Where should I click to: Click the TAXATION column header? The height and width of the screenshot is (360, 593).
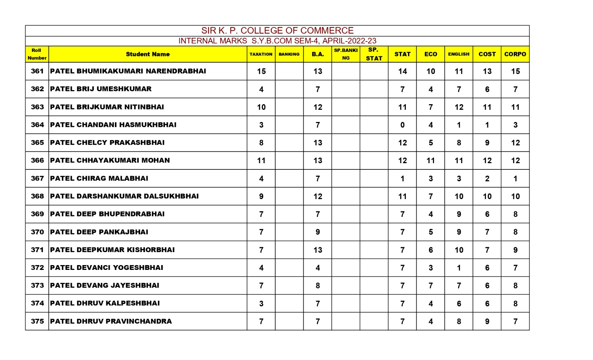point(261,54)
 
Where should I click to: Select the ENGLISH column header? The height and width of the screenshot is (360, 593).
point(458,54)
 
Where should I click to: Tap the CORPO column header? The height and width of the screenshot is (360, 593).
point(515,54)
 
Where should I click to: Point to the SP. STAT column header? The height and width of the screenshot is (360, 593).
point(374,54)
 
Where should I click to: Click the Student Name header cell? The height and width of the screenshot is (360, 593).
point(148,54)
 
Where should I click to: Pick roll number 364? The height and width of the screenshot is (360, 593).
point(37,125)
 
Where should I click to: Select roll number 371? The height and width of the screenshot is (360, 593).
point(37,250)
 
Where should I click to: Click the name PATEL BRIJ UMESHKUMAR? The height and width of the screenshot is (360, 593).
point(101,89)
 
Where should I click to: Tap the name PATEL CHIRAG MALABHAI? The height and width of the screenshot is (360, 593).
point(99,178)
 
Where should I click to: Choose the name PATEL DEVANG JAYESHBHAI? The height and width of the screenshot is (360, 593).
point(105,285)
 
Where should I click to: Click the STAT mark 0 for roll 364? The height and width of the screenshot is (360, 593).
point(402,125)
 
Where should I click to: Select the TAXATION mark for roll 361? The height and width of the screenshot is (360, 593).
point(261,71)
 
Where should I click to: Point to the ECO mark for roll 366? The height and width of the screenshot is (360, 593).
point(430,161)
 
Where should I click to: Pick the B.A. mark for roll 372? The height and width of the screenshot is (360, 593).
point(318,268)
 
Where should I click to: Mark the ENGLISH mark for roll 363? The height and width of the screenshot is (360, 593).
point(459,107)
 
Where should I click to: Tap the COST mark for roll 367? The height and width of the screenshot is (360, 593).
point(487,179)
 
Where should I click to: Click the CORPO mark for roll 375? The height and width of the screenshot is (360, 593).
point(515,321)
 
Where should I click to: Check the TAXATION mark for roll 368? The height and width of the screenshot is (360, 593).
point(261,196)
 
